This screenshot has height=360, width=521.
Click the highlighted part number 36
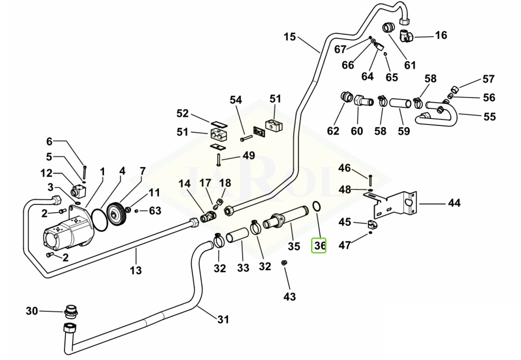pyautogui.click(x=319, y=245)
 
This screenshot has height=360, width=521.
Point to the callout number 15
pyautogui.click(x=289, y=37)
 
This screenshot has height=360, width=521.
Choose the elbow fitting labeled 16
pyautogui.click(x=405, y=36)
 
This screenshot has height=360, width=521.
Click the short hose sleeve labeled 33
pyautogui.click(x=237, y=235)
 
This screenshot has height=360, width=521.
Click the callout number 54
pyautogui.click(x=235, y=100)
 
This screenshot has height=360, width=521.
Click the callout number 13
pyautogui.click(x=135, y=270)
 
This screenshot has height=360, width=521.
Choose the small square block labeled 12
pyautogui.click(x=77, y=190)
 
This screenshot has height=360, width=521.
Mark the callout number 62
pyautogui.click(x=333, y=131)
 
